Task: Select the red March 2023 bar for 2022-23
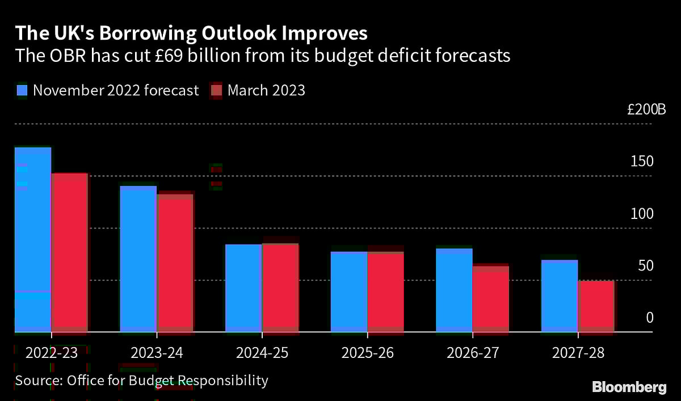(69, 252)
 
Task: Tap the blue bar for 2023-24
(138, 259)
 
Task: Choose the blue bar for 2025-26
(348, 292)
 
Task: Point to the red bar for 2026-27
(491, 298)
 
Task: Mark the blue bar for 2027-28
(559, 296)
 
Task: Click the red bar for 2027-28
(596, 306)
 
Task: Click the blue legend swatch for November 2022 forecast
(22, 90)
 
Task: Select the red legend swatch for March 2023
(216, 90)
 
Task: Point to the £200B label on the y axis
(646, 110)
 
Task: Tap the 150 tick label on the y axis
(642, 162)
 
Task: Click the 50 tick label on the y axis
(645, 266)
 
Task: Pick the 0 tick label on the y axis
(650, 318)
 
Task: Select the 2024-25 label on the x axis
(262, 353)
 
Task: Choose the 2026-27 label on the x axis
(473, 353)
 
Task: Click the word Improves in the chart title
(327, 33)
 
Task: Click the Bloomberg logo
(629, 387)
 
